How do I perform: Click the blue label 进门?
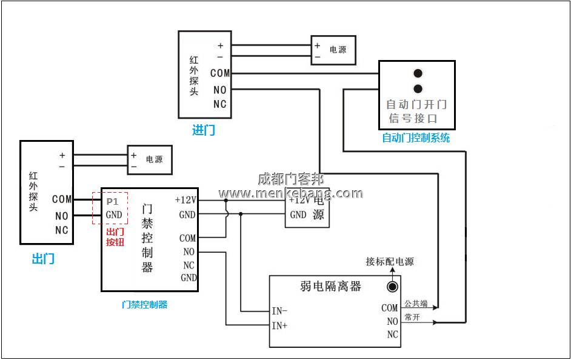pyautogui.click(x=203, y=130)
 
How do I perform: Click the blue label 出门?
pyautogui.click(x=43, y=259)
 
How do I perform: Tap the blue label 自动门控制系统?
pyautogui.click(x=416, y=138)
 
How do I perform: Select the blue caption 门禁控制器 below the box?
pyautogui.click(x=144, y=304)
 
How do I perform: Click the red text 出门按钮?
pyautogui.click(x=115, y=237)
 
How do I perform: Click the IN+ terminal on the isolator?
pyautogui.click(x=279, y=325)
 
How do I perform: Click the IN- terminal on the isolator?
pyautogui.click(x=279, y=311)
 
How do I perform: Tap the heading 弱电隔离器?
pyautogui.click(x=330, y=286)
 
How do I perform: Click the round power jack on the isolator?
pyautogui.click(x=393, y=287)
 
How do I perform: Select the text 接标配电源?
pyautogui.click(x=390, y=262)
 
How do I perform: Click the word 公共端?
pyautogui.click(x=416, y=303)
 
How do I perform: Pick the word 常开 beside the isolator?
pyautogui.click(x=412, y=317)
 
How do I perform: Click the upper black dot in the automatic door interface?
pyautogui.click(x=418, y=74)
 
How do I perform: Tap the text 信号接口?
pyautogui.click(x=413, y=118)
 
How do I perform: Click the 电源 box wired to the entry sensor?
pyautogui.click(x=333, y=50)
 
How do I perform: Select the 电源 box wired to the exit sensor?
pyautogui.click(x=149, y=160)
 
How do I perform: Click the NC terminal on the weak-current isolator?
pyautogui.click(x=392, y=335)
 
